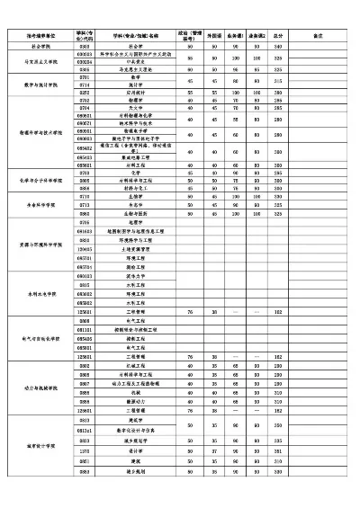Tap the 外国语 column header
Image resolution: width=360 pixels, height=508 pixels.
(214, 37)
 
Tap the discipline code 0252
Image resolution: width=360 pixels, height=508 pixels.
(85, 92)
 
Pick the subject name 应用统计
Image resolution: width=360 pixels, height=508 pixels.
(136, 92)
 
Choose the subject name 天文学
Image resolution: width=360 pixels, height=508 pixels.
(136, 107)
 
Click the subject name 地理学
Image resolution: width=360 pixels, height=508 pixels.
(136, 221)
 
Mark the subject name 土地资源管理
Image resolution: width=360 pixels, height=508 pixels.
(136, 247)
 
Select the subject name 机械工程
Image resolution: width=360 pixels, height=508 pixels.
(136, 366)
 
